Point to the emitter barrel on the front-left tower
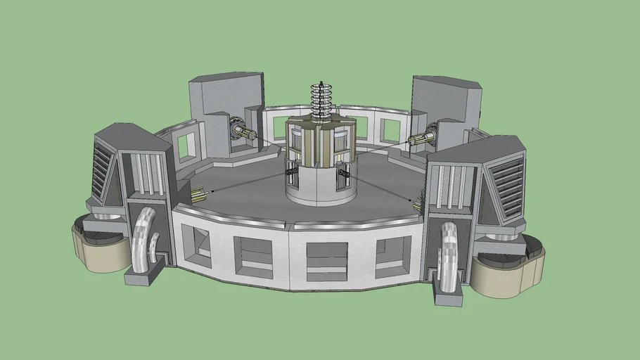(x=196, y=193)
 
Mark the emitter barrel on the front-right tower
(x=419, y=204)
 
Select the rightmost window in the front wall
(x=394, y=255)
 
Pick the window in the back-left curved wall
(x=186, y=146)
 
